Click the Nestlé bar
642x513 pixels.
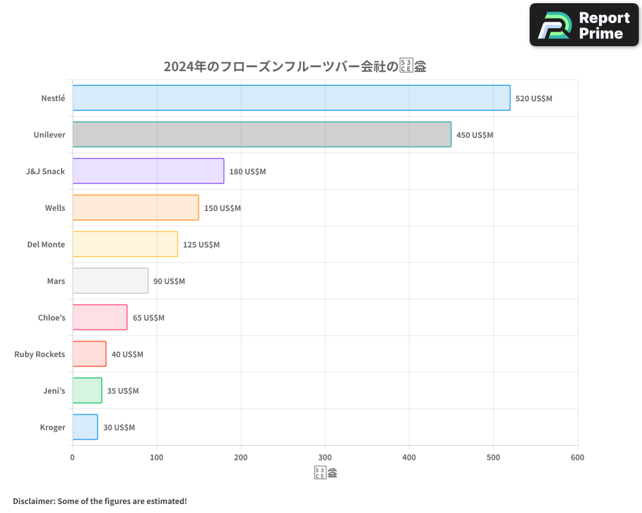pos(291,98)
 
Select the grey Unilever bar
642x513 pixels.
pos(261,135)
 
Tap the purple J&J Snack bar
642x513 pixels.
pos(148,171)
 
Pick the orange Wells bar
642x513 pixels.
pos(135,208)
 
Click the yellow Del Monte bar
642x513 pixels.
pos(125,244)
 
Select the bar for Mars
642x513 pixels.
pos(110,281)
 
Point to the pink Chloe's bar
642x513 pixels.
pos(100,317)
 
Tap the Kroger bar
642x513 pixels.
pos(85,427)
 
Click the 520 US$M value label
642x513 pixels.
pos(534,99)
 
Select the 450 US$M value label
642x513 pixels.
pos(474,135)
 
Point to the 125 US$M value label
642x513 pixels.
pos(201,245)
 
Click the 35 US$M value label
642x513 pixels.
pos(123,391)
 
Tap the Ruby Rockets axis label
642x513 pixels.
pos(40,354)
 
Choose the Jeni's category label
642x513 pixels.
pos(54,391)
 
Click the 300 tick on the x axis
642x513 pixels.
pos(325,457)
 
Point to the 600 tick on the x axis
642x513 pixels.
pos(577,457)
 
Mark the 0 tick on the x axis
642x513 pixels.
pos(73,457)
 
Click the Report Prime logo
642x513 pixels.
pos(584,25)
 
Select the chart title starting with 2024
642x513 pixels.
pos(295,66)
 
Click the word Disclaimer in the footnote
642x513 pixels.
pos(33,501)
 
